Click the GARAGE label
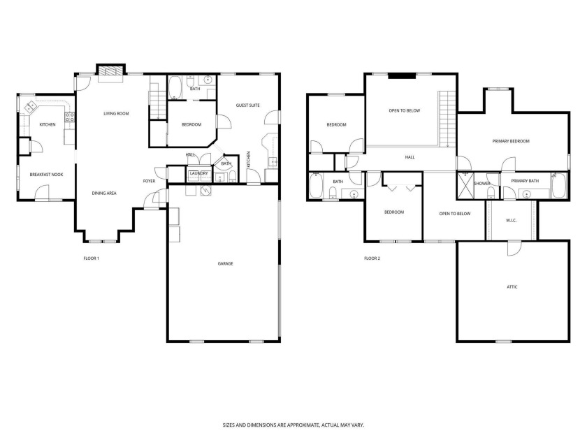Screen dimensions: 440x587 [224, 263]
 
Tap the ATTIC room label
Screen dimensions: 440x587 [512, 286]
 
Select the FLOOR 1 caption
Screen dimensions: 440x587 [91, 258]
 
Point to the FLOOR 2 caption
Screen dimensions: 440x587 [372, 258]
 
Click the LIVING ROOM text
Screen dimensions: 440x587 [116, 113]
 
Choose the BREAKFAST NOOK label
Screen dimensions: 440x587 [46, 175]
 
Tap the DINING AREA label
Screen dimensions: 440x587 [104, 193]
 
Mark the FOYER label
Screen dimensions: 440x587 [150, 181]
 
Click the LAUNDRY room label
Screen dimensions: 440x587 [198, 173]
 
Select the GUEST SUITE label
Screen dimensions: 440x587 [247, 105]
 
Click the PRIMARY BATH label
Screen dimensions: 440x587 [524, 181]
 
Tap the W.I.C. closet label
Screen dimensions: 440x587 [511, 221]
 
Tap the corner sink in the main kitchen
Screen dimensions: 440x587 [31, 107]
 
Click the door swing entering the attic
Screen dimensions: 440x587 [514, 247]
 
